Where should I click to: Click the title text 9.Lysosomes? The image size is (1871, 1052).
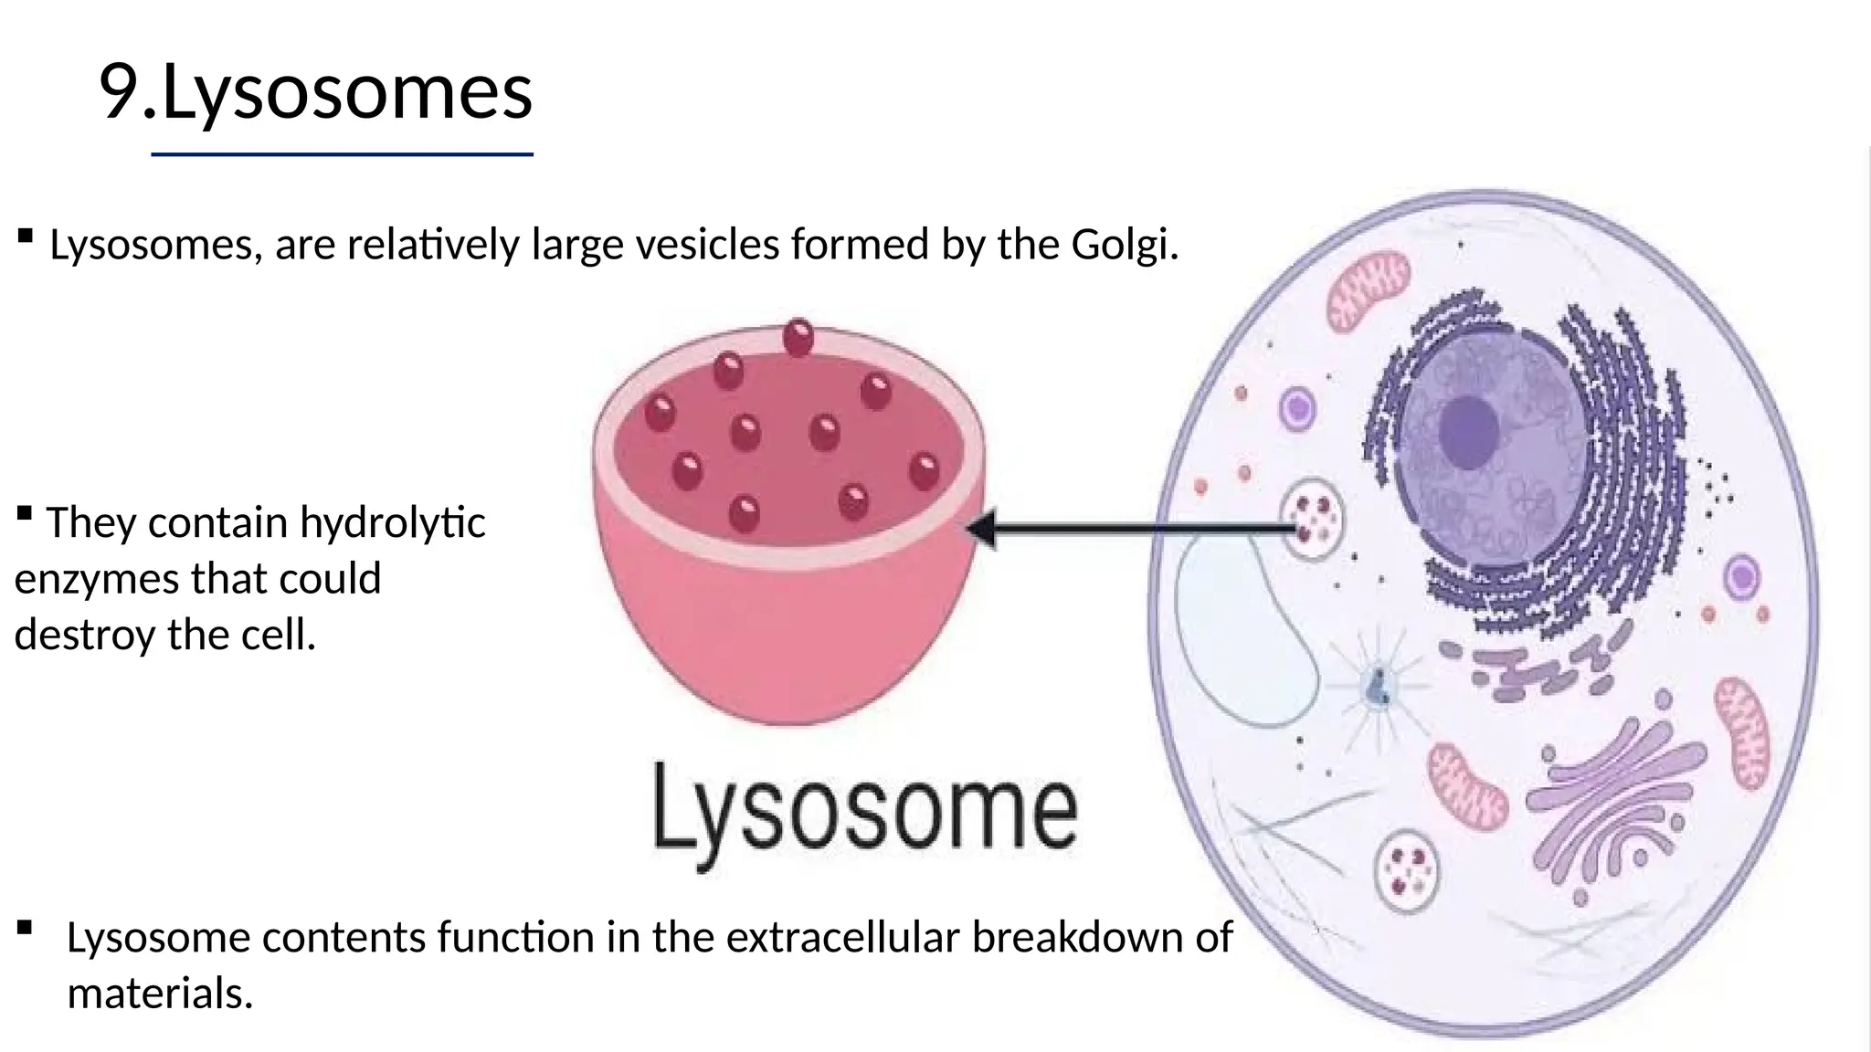coord(315,91)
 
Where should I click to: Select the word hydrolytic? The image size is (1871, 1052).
coord(392,523)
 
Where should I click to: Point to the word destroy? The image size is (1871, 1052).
coord(84,635)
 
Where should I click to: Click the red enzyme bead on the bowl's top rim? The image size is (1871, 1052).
coord(798,337)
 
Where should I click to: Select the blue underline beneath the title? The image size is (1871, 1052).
coord(342,155)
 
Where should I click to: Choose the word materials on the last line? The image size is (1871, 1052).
coord(159,993)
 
